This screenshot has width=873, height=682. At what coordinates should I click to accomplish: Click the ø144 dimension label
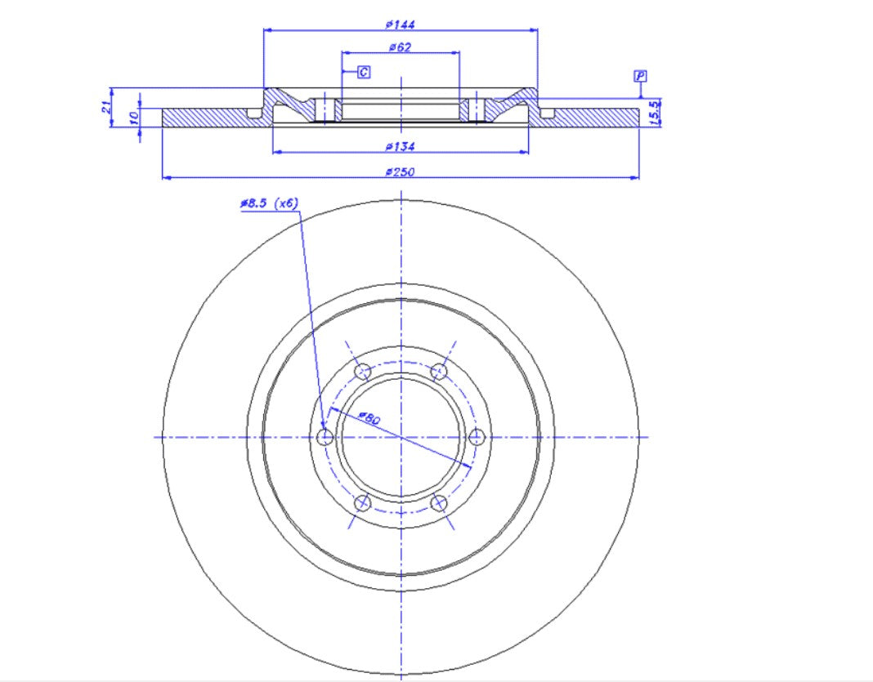[x=400, y=25]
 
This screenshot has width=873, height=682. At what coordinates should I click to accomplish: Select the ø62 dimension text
[x=400, y=47]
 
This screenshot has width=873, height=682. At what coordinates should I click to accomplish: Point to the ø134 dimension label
[x=400, y=146]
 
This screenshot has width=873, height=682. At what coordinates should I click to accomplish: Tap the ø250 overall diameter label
[x=400, y=172]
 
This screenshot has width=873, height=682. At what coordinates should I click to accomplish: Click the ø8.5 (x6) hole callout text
[x=268, y=203]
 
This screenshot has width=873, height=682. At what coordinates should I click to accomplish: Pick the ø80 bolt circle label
[x=369, y=419]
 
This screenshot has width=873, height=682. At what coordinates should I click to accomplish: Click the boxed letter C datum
[x=364, y=73]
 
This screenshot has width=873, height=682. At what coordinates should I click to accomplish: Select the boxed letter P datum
[x=640, y=76]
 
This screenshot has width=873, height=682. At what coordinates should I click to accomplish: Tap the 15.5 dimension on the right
[x=654, y=112]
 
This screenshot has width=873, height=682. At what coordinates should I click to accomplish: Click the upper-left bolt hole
[x=363, y=372]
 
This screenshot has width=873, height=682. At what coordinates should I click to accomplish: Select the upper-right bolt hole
[x=439, y=372]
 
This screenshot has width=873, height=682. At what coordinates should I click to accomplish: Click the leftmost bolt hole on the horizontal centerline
[x=325, y=437]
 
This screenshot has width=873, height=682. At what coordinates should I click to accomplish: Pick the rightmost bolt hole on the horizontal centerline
[x=477, y=437]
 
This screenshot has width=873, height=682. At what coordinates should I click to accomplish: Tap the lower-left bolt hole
[x=363, y=502]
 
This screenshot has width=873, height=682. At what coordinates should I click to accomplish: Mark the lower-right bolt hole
[x=439, y=502]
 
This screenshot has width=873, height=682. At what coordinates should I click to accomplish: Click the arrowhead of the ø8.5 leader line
[x=323, y=426]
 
